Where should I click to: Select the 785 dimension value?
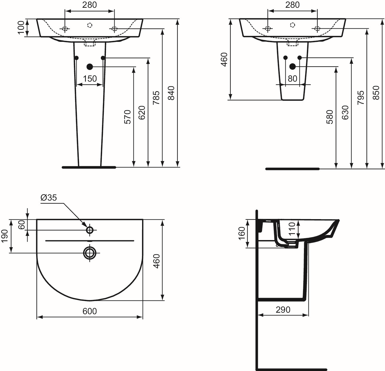(156, 98)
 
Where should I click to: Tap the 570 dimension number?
(127, 117)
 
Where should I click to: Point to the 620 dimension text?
(142, 113)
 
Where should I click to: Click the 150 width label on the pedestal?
(90, 79)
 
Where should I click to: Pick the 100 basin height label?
(21, 28)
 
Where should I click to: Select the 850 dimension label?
(376, 93)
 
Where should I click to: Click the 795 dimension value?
(361, 97)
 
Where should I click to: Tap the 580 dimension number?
(330, 117)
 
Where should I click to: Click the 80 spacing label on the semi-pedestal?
(292, 79)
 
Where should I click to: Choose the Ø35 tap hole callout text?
(48, 198)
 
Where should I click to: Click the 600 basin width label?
(90, 311)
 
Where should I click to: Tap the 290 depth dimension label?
(283, 309)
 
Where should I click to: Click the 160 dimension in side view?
(242, 233)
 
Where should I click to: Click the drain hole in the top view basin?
(89, 253)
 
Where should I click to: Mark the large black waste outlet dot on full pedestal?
(89, 66)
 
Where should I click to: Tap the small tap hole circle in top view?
(90, 230)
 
